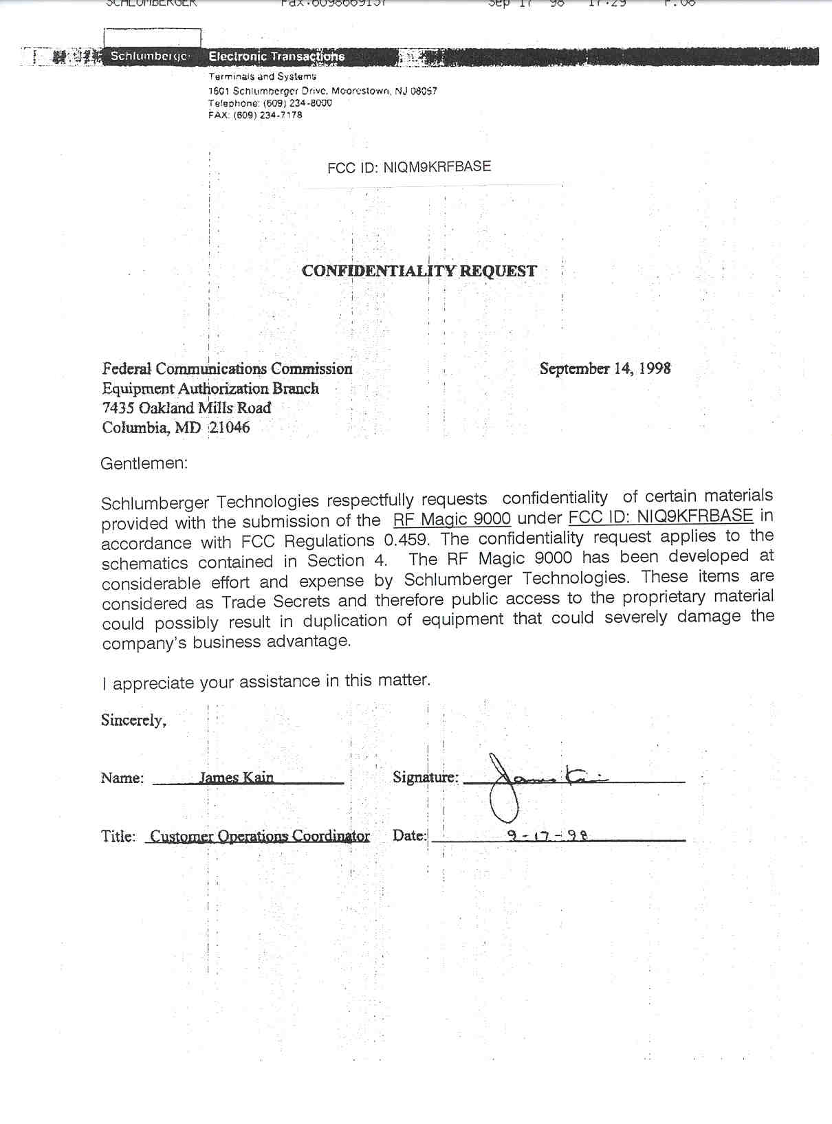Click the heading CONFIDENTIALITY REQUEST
(x=419, y=271)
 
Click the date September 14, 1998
(x=604, y=368)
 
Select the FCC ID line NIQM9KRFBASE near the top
(x=409, y=167)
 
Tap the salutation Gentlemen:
(x=144, y=463)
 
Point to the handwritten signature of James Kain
(x=536, y=781)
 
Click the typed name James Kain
(x=236, y=778)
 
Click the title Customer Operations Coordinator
(x=259, y=836)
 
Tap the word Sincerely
(x=133, y=720)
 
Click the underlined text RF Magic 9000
(x=452, y=519)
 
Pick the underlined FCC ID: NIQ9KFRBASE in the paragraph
(x=661, y=516)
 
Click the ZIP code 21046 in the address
(x=230, y=427)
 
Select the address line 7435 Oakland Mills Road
(x=186, y=408)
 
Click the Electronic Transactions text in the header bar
(x=276, y=56)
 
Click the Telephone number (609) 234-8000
(x=297, y=103)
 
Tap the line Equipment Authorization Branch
(x=210, y=388)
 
